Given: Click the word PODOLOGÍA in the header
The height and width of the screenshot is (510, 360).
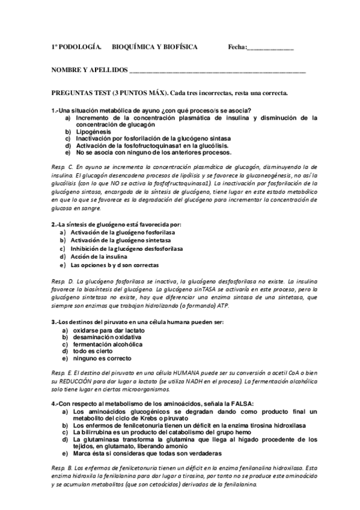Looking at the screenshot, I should (x=80, y=46).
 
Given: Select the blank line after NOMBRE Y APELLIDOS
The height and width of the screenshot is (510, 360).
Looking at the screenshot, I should (x=217, y=71).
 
